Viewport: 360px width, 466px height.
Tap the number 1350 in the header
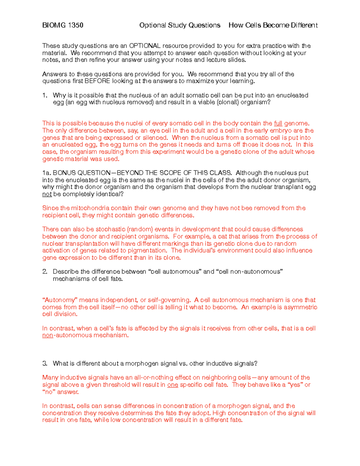[x=76, y=25]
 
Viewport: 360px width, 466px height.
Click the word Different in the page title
[x=304, y=25]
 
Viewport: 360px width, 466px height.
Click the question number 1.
[x=45, y=95]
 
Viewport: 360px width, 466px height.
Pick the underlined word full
[x=278, y=123]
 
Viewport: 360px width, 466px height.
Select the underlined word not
[x=47, y=194]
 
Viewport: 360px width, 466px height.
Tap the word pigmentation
[x=148, y=251]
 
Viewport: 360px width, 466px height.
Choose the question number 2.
[x=45, y=272]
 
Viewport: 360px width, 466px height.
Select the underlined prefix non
[x=47, y=335]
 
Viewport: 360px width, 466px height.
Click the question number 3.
[x=45, y=364]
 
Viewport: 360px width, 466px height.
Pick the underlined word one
[x=172, y=385]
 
